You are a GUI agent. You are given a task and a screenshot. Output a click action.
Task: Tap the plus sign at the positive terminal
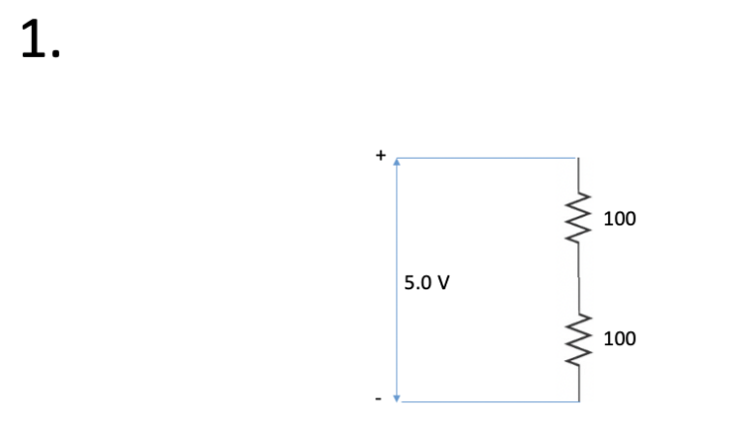(379, 157)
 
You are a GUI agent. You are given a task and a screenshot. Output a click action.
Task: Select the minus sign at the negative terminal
(379, 400)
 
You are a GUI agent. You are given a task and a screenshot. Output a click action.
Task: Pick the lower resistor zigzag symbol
(579, 339)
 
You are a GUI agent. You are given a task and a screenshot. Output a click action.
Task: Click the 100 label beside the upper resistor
(619, 218)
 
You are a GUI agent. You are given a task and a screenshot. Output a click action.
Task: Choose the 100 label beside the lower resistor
(619, 338)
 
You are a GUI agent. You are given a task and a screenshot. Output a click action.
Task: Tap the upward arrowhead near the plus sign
(396, 163)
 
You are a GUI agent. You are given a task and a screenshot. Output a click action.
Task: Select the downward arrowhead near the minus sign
(396, 396)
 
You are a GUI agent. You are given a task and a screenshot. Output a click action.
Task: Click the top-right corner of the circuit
(579, 158)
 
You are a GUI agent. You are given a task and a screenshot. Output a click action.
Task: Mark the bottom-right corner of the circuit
(579, 401)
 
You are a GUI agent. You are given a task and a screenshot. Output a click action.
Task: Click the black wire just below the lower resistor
(579, 384)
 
